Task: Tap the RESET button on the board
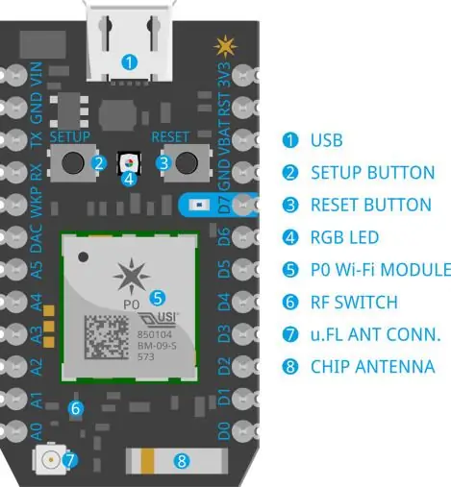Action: coord(187,162)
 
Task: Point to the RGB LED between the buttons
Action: coord(128,162)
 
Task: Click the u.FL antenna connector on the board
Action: coord(50,460)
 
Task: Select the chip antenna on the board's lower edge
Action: coord(177,461)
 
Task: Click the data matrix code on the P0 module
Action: coord(107,337)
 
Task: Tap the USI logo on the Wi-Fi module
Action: coord(158,320)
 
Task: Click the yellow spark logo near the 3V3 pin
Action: coord(225,47)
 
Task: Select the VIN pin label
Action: coord(37,74)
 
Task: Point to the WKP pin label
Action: coord(37,203)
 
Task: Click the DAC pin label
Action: coord(37,238)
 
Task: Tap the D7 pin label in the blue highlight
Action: coord(224,205)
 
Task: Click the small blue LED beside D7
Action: coord(199,205)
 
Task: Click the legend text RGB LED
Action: coord(344,237)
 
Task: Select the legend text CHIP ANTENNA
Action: coord(373,367)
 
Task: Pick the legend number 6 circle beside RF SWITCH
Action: coord(290,303)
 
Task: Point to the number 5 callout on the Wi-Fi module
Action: coord(158,298)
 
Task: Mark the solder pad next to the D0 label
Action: coord(243,431)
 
